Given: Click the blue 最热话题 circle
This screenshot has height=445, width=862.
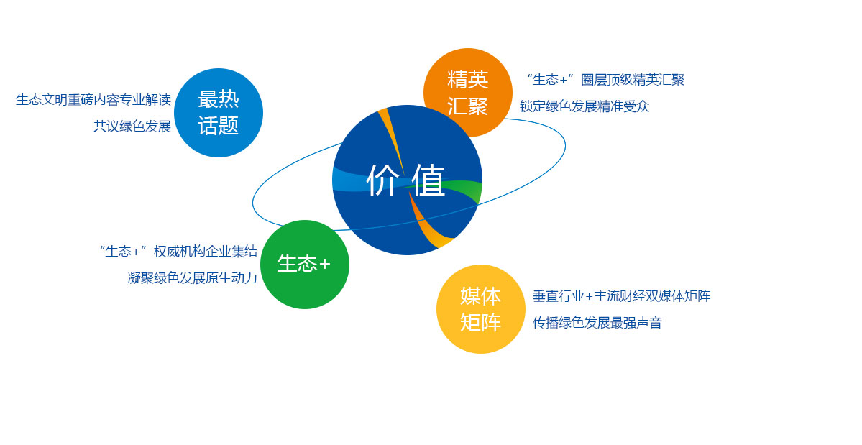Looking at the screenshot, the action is point(219,113).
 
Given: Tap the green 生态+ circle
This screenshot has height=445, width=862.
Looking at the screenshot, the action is point(305,265).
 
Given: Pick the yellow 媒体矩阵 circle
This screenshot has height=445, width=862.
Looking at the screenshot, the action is point(480,308).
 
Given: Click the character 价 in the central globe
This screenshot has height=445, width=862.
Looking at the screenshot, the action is point(382,180).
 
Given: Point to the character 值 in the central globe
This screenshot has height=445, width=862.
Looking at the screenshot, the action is point(428,180).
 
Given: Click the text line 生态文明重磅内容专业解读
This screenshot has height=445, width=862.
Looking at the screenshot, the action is point(93,99).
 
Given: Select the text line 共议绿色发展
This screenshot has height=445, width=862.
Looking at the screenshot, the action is point(132,126).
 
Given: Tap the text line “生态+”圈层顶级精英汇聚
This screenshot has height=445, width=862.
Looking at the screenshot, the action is point(605,80).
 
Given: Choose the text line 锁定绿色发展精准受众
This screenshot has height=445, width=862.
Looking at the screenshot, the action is point(584,106).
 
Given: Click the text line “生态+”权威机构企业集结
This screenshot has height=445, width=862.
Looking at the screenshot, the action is point(178,251).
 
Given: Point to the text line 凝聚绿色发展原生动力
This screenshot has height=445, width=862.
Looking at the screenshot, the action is point(193,277).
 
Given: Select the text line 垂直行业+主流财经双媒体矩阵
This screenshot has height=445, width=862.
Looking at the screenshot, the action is point(622,296).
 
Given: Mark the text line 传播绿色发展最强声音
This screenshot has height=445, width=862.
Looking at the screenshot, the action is point(597,323).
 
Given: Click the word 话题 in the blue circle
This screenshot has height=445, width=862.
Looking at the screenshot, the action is point(219,126).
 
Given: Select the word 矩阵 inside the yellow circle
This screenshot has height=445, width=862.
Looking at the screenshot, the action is point(480,322).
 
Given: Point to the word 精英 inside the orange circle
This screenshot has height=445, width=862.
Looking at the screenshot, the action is point(467,79).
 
